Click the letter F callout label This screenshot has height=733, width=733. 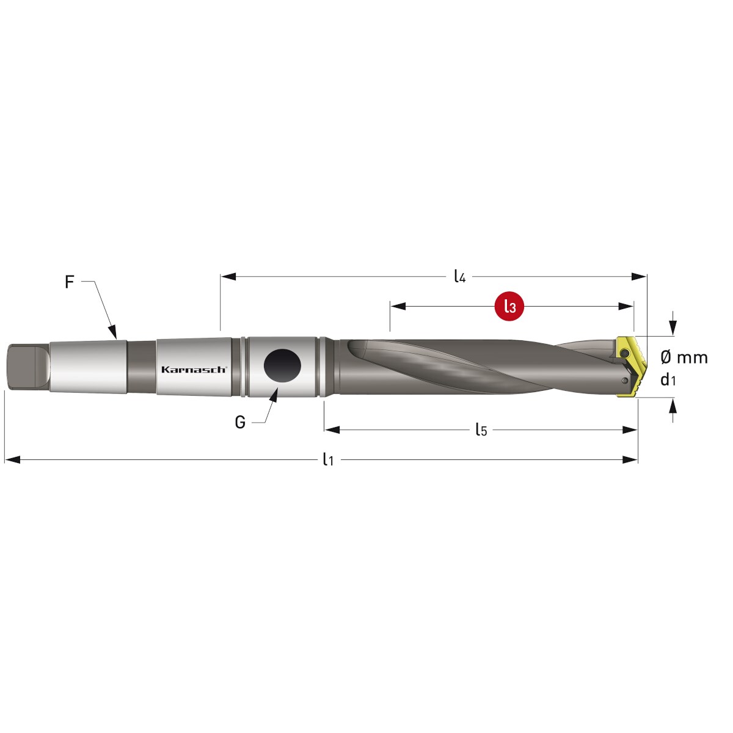coord(69,282)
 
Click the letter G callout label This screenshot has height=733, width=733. coord(240,422)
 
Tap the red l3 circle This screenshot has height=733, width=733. coord(509,306)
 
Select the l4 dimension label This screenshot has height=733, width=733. coord(459,276)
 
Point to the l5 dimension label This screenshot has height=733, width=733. coord(481,429)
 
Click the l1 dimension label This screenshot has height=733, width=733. coord(328,459)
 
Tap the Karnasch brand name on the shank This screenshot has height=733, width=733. coord(194,370)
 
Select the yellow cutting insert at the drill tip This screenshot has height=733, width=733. coord(630,366)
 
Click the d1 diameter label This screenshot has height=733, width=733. coord(668,379)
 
